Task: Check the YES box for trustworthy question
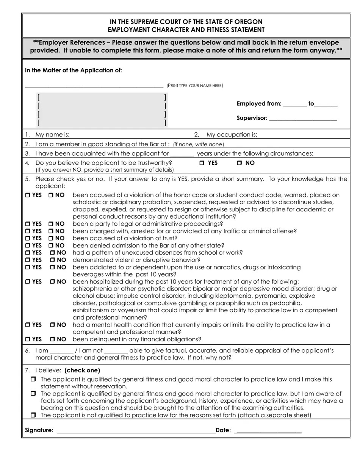click(x=202, y=163)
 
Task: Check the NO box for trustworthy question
click(x=239, y=163)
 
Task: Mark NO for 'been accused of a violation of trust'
click(x=51, y=238)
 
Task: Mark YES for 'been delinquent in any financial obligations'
click(x=28, y=339)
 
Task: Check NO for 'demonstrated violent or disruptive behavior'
click(x=53, y=260)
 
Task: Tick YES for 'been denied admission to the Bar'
click(x=28, y=246)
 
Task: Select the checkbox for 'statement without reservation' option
click(x=33, y=379)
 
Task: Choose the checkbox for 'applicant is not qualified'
click(x=33, y=415)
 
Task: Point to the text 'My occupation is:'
click(x=232, y=134)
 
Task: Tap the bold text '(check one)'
click(x=82, y=370)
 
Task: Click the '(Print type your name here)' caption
click(x=195, y=86)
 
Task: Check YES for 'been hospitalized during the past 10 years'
click(x=28, y=282)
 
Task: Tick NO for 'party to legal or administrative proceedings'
click(x=51, y=224)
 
